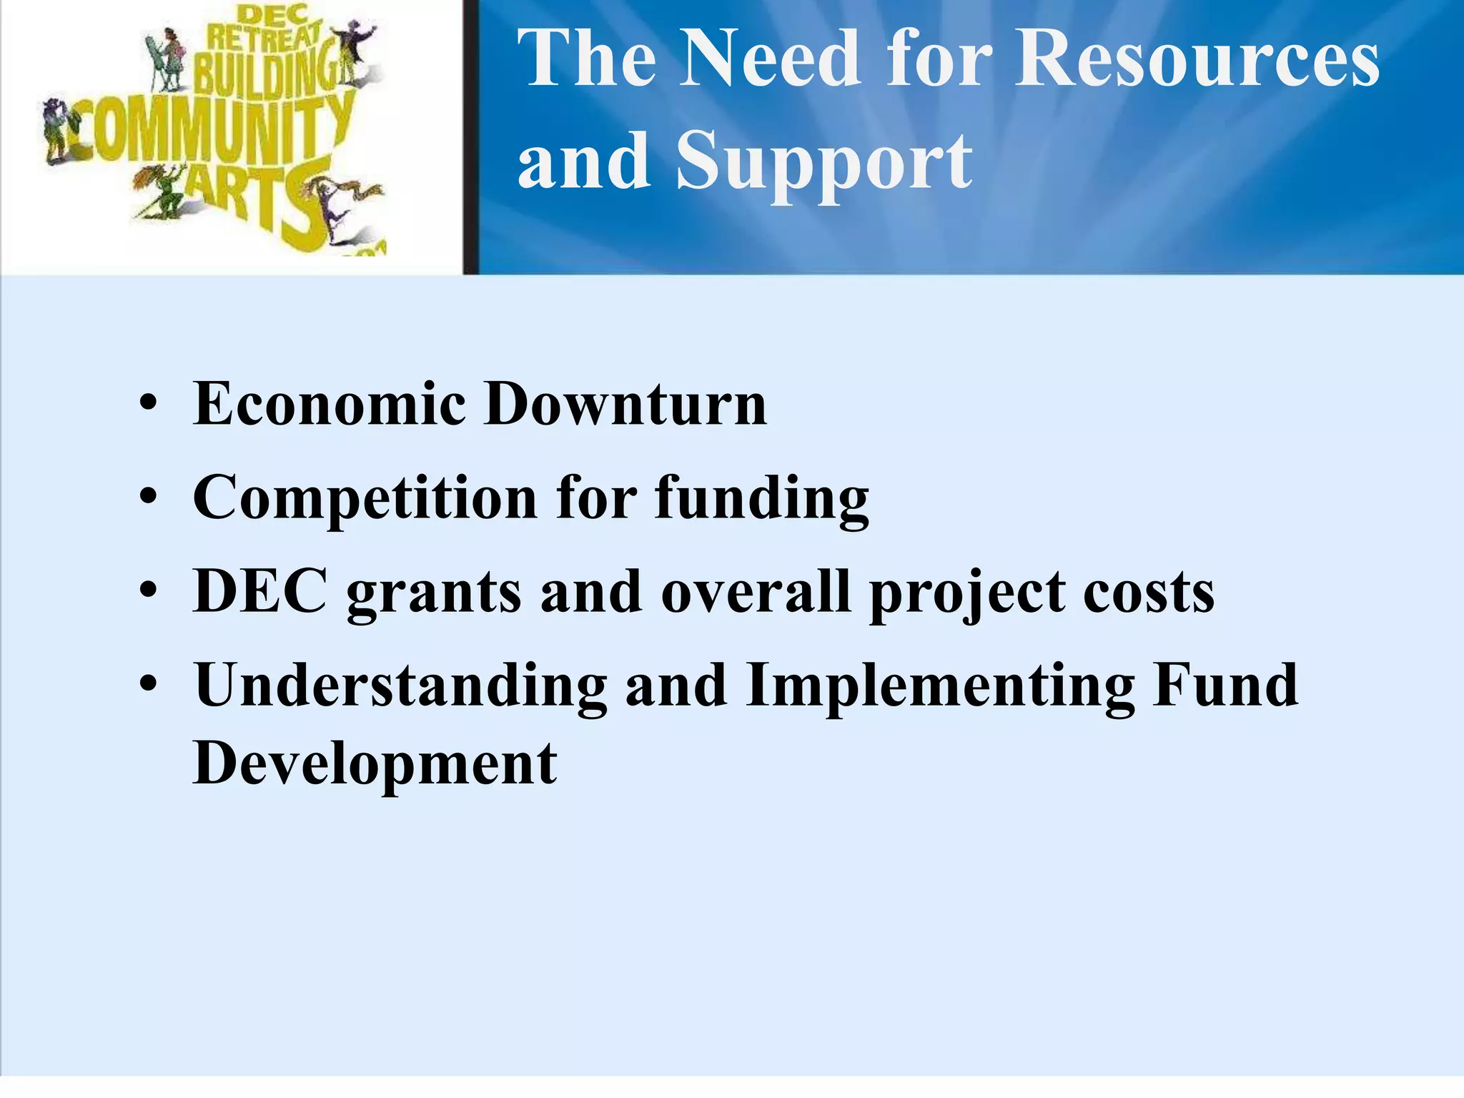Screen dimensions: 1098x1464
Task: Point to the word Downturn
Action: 625,404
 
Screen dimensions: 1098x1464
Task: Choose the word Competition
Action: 365,498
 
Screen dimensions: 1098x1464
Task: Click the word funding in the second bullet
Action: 762,500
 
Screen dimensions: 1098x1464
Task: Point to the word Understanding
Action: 400,686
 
